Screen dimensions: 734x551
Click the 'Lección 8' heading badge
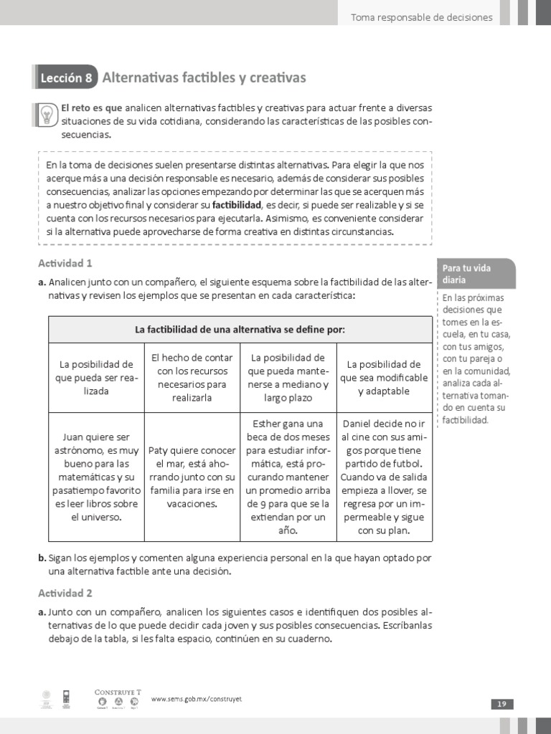pos(66,78)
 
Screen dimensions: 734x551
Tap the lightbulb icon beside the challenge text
pos(46,115)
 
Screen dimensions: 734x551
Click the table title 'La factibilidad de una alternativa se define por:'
pos(240,330)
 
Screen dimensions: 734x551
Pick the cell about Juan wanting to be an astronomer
pos(96,476)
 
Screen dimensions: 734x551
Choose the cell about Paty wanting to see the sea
pos(192,477)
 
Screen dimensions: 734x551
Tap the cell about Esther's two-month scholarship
pos(288,477)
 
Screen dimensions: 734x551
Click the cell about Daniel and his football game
pos(384,477)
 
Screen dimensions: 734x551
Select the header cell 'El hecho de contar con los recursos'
pos(192,377)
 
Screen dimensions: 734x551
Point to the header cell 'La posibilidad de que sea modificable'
pos(384,377)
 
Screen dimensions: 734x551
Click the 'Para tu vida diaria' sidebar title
pos(467,274)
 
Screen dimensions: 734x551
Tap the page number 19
pos(501,704)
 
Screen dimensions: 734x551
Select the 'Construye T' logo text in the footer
pos(118,692)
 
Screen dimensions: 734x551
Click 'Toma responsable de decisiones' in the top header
pos(421,17)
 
